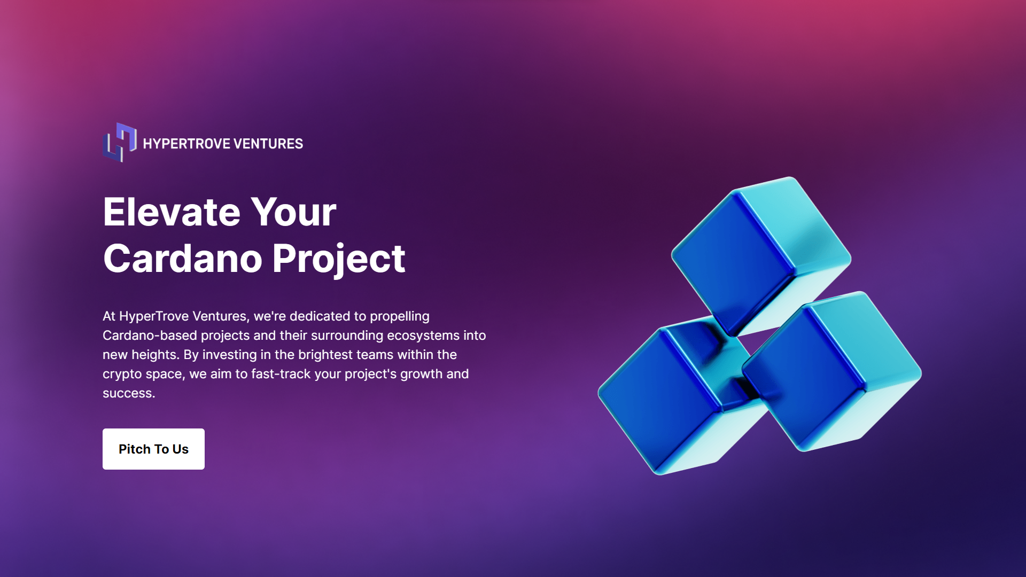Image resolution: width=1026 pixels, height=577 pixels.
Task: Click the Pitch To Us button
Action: tap(153, 449)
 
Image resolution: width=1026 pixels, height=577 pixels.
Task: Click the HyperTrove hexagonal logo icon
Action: tap(120, 143)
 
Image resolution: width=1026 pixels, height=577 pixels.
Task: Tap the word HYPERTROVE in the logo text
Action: tap(186, 144)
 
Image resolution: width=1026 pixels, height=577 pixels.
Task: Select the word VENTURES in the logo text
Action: tap(268, 144)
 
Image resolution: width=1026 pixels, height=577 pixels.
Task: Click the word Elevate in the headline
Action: tap(172, 212)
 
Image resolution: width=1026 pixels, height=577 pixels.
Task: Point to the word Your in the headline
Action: tap(293, 212)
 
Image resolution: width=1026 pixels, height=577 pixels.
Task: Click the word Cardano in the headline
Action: tap(183, 259)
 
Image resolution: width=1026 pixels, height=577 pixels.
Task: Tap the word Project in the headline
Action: tap(339, 259)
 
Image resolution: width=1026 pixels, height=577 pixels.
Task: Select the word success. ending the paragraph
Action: tap(129, 393)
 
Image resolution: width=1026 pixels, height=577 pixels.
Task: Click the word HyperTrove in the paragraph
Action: tap(153, 316)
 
